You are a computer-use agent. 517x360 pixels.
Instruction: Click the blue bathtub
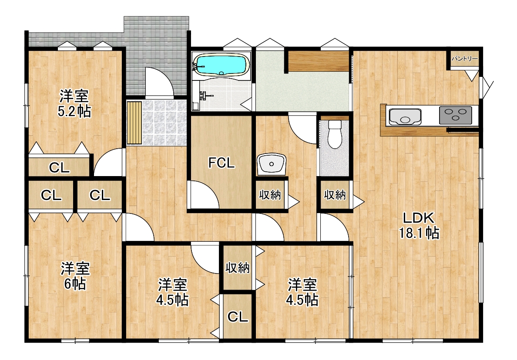click(221, 65)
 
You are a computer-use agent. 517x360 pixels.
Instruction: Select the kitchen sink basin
click(405, 117)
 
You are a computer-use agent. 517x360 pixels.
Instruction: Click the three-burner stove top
click(455, 115)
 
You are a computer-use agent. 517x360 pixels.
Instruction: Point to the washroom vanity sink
click(272, 164)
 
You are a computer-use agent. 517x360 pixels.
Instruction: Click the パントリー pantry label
click(465, 59)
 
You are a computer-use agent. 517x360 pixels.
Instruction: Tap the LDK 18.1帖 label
click(419, 226)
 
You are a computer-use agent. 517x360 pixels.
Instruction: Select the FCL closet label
click(222, 163)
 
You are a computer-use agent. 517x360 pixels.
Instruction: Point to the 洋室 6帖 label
click(75, 276)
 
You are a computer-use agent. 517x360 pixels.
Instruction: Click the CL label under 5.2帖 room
click(59, 168)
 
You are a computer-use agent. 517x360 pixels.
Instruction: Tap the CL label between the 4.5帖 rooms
click(238, 317)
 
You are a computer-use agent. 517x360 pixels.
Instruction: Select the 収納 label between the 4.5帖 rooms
click(238, 268)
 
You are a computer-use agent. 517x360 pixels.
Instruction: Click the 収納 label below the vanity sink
click(270, 195)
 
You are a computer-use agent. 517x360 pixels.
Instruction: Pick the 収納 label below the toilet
click(335, 195)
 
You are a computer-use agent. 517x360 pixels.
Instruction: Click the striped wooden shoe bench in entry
click(134, 123)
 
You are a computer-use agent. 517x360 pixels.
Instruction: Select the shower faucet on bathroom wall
click(203, 95)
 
